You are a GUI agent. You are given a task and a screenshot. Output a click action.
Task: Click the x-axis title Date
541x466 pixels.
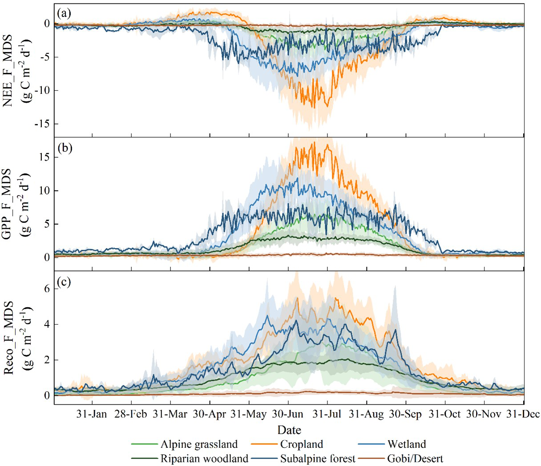click(x=289, y=430)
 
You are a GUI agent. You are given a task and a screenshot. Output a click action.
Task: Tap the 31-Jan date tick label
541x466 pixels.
click(x=92, y=414)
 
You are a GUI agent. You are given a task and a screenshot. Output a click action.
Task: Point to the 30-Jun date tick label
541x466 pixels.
click(x=287, y=414)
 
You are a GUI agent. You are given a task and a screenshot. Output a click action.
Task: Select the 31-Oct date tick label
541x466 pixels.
click(x=444, y=414)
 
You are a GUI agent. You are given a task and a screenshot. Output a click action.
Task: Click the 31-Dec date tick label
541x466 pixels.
click(x=523, y=414)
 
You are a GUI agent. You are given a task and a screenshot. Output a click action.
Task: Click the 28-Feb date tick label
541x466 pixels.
click(x=131, y=414)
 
